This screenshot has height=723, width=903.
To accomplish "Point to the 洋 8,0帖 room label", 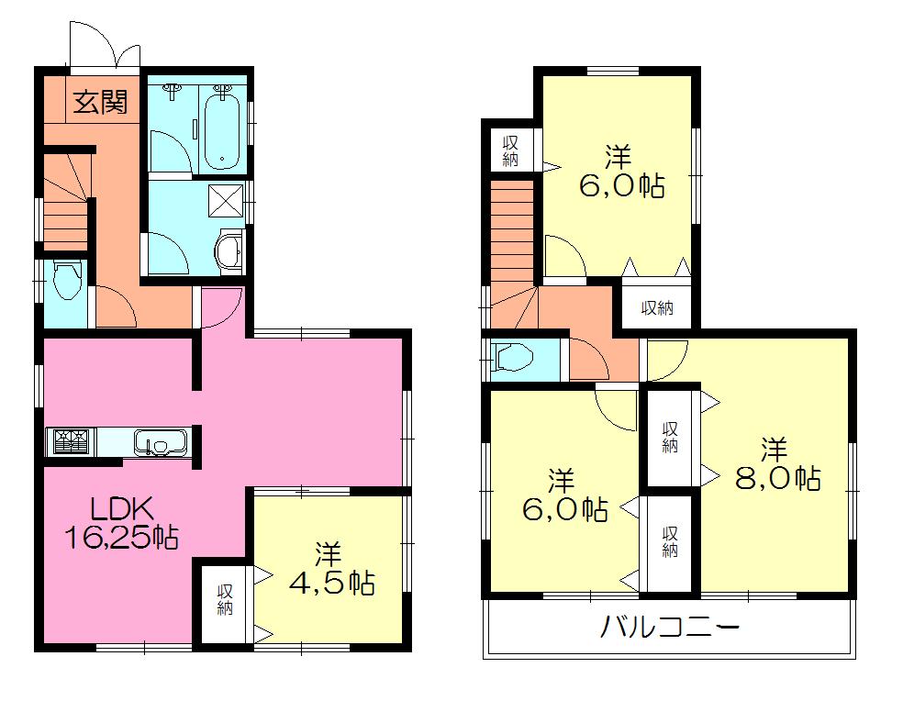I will (775, 464).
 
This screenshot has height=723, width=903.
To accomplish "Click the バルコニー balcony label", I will (670, 628).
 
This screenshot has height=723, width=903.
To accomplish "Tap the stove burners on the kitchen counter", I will (71, 442).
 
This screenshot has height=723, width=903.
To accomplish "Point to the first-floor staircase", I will (65, 206).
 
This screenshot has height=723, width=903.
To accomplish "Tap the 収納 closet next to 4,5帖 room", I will (226, 600).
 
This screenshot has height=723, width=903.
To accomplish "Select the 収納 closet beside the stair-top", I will (511, 150).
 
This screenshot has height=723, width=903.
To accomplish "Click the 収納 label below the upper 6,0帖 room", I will (657, 308).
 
